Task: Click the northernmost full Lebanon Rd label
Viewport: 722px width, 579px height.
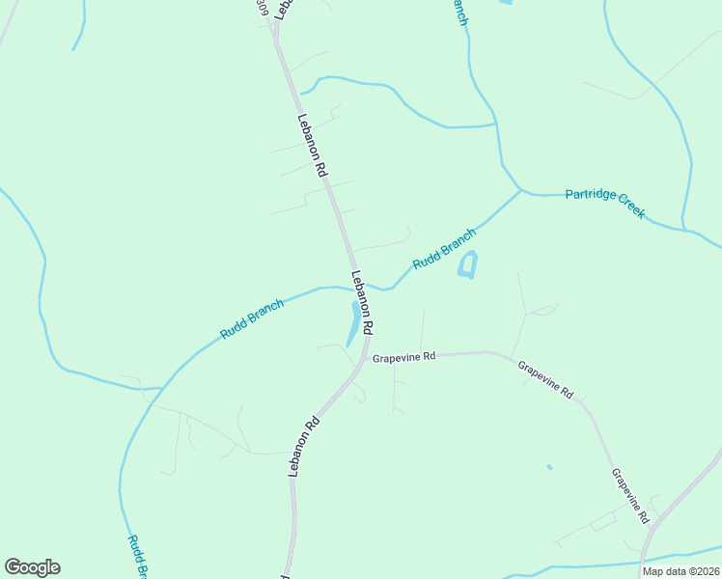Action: [313, 146]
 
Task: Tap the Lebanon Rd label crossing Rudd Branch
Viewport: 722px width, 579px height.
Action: [363, 302]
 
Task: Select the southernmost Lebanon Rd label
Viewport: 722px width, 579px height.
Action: [303, 446]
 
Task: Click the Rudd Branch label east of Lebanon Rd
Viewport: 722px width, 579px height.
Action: [444, 249]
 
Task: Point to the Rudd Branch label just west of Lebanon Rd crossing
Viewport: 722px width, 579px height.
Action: [252, 319]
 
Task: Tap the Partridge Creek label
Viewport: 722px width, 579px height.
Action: [604, 204]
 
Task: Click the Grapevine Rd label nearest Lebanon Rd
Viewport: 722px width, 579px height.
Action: [404, 356]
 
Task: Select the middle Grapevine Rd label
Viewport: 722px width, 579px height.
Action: [545, 380]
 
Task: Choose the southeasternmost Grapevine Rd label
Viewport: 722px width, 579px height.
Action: [629, 496]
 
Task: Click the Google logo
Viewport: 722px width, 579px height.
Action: [32, 567]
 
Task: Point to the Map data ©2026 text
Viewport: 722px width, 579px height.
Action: [681, 571]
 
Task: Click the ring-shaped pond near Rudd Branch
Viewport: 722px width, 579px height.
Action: [468, 265]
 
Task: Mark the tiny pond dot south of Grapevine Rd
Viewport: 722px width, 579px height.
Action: [548, 467]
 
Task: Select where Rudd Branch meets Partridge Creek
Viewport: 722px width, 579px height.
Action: [521, 191]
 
